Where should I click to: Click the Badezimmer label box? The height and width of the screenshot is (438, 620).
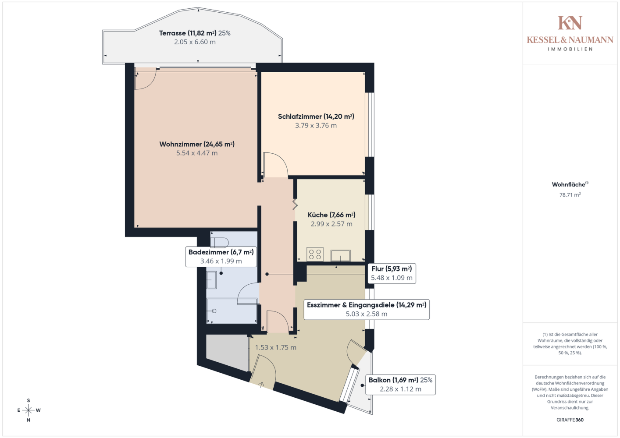221,257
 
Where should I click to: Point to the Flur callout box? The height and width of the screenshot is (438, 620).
392,273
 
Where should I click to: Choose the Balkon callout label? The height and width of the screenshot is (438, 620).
400,385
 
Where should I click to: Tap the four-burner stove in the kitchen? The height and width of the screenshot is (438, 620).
315,254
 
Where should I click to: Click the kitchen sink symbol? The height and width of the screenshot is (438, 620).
340,255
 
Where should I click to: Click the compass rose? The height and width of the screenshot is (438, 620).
29,410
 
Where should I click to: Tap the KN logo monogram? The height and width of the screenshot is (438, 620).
570,23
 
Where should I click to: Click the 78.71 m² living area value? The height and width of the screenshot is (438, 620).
570,194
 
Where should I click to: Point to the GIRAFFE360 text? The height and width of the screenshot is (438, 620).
570,420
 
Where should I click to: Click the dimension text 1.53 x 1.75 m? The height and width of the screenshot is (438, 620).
276,347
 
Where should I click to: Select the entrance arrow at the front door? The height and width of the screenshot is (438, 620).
261,385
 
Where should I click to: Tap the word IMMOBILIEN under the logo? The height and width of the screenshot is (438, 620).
570,49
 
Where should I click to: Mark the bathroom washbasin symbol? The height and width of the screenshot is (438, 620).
211,280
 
